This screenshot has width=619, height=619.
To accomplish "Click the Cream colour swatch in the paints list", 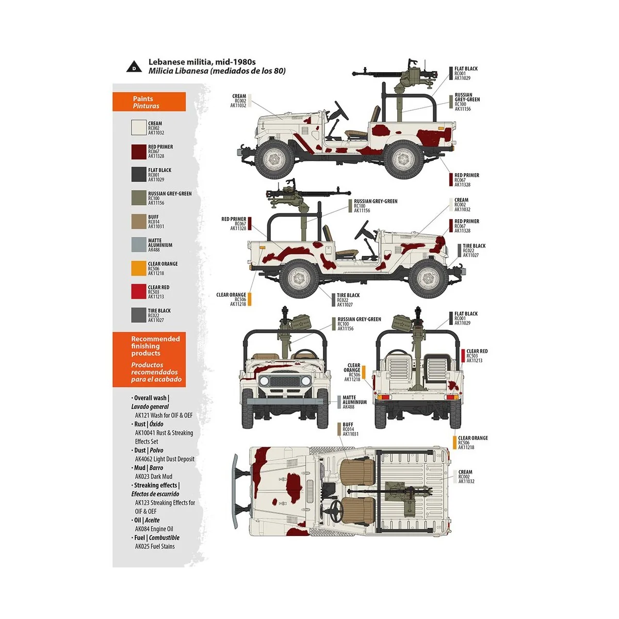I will pos(139,127).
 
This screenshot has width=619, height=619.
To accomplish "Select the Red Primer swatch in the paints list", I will pos(139,151).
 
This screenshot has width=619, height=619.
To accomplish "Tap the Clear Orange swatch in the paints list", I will pos(139,268).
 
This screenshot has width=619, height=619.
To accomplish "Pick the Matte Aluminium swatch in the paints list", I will pos(139,245).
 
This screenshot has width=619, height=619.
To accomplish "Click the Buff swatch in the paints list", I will pos(139,221).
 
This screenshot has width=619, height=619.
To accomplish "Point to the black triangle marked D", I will pos(134,67).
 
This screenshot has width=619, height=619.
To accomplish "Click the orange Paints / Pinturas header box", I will pos(149,102).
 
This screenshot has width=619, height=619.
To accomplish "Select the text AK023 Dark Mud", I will pos(153,477).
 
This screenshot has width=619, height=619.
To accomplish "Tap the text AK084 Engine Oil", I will pos(154,529).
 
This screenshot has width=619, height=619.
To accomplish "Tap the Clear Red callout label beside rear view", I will pos(477,355).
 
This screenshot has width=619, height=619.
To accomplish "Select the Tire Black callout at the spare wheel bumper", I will pos(474,250).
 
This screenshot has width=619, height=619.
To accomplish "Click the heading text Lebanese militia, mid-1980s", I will pos(202,62).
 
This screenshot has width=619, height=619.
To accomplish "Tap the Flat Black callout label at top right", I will pos(465,73).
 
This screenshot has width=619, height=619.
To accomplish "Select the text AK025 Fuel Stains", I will pos(155,546).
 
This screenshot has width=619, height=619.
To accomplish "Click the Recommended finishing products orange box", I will pos(149,359).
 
